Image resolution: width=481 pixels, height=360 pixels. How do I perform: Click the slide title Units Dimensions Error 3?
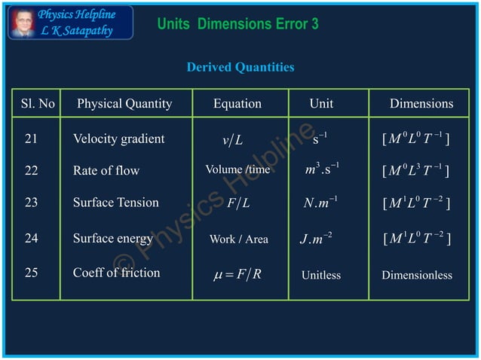237,24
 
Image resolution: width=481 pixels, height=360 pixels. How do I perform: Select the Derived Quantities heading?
240,68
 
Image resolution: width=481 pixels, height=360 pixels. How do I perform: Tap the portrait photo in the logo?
22,23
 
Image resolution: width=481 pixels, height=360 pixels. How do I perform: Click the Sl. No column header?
38,104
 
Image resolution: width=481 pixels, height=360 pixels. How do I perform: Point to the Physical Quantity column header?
124,104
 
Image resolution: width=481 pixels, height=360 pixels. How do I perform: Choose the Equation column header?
237,104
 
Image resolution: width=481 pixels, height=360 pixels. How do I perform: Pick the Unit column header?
321,104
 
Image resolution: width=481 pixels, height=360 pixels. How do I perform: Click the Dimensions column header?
421,104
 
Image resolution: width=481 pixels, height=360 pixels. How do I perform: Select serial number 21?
32,139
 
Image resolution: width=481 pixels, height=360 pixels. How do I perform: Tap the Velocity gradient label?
118,139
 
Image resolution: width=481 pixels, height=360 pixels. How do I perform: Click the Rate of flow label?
106,171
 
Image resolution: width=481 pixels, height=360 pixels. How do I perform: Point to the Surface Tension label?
116,203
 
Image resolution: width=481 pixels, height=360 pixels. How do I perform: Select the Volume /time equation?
237,169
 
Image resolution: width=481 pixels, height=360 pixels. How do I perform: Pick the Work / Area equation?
238,239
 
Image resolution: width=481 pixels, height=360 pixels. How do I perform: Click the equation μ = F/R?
238,273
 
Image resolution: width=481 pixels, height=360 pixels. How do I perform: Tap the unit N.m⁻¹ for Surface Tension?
320,203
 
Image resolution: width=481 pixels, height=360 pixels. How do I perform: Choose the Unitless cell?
321,275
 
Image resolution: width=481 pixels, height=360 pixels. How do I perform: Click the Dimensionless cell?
417,275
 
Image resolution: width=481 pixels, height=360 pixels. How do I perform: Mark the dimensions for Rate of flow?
417,171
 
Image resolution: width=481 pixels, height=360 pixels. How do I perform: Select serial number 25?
32,273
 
